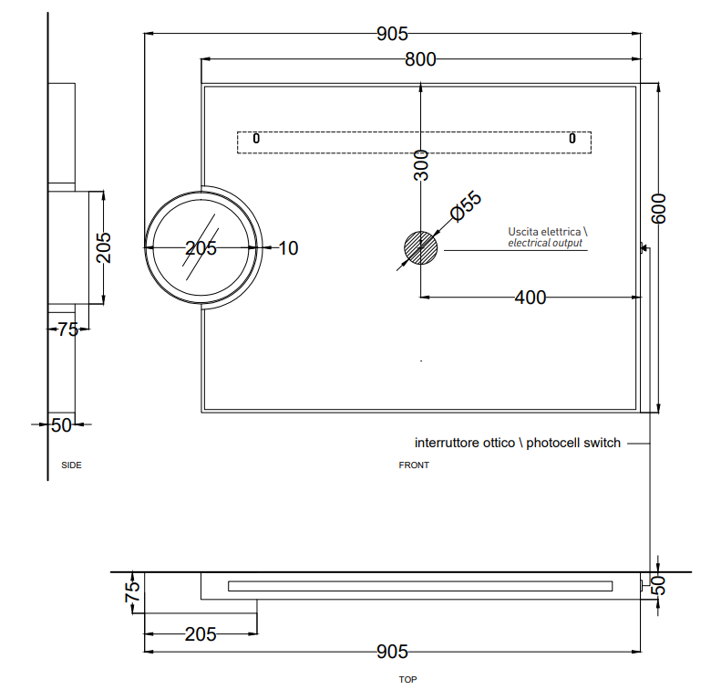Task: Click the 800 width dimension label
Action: coord(420,59)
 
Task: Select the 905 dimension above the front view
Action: coord(391,34)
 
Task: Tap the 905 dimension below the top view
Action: coord(392,652)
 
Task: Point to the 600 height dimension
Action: coord(660,209)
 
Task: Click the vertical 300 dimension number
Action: coord(420,165)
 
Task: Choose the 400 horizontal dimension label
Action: coord(530,298)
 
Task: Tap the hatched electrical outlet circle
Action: coord(420,247)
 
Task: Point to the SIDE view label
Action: coord(71,465)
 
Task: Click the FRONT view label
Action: coord(414,465)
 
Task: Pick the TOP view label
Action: coord(407,680)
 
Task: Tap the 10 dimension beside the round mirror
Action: coord(288,248)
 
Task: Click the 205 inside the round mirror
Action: coord(201,248)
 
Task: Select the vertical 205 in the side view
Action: coord(104,246)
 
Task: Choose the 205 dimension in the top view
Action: coord(201,634)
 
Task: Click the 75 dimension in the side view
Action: coord(67,329)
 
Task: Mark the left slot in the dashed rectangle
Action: coord(256,139)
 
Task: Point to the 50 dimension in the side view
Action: coord(61,424)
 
